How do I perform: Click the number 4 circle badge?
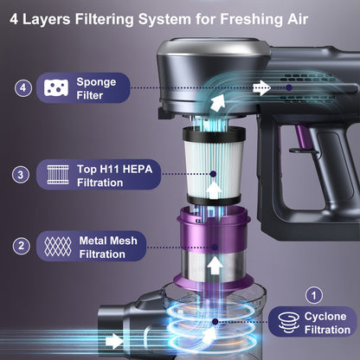pyautogui.click(x=23, y=87)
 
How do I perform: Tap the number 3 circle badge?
pyautogui.click(x=21, y=175)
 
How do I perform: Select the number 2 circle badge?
pyautogui.click(x=22, y=246)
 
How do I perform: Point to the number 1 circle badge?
pyautogui.click(x=314, y=295)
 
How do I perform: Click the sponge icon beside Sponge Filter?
pyautogui.click(x=56, y=87)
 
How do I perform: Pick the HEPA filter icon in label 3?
pyautogui.click(x=58, y=175)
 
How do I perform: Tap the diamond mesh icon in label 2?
pyautogui.click(x=58, y=247)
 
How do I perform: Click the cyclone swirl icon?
pyautogui.click(x=289, y=322)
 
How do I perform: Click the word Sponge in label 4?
pyautogui.click(x=96, y=82)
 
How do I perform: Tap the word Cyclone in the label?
pyautogui.click(x=325, y=317)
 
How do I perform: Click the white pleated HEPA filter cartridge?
pyautogui.click(x=214, y=166)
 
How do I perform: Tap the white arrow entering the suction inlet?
pyautogui.click(x=115, y=341)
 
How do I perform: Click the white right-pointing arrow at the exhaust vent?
pyautogui.click(x=262, y=87)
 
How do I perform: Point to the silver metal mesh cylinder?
pyautogui.click(x=214, y=267)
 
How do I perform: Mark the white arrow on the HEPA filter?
pyautogui.click(x=214, y=190)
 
